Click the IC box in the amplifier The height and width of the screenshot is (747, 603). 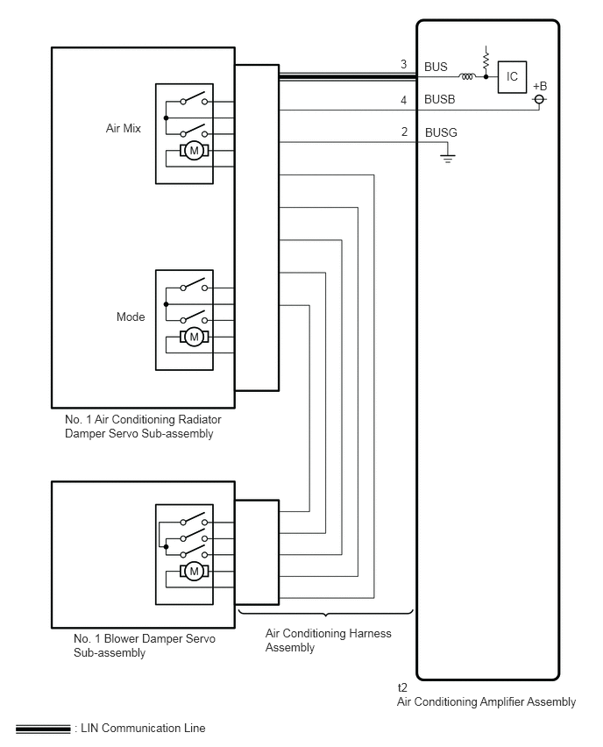[x=512, y=76]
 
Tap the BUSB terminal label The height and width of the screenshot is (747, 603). [x=440, y=100]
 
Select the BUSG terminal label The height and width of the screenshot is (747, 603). [x=441, y=132]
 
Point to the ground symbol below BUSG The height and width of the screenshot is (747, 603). [x=447, y=158]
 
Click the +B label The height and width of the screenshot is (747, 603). [x=540, y=86]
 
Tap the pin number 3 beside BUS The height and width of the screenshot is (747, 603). [x=403, y=64]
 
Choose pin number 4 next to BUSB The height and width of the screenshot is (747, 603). [x=403, y=100]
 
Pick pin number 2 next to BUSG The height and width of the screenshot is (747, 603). [x=404, y=132]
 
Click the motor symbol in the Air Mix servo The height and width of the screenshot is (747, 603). [x=194, y=151]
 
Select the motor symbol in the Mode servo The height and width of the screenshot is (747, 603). [x=194, y=338]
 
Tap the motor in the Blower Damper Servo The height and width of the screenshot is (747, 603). [x=194, y=571]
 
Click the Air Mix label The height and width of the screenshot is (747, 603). [x=124, y=128]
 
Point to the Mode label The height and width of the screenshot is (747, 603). [x=131, y=317]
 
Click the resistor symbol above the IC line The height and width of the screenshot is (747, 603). [x=486, y=60]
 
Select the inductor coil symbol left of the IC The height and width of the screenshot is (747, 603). [x=467, y=76]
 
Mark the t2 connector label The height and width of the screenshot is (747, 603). [x=402, y=687]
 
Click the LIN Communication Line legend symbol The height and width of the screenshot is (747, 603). [x=43, y=729]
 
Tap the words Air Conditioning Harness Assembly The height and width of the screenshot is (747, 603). [x=328, y=640]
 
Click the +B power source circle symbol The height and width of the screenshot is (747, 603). [x=539, y=99]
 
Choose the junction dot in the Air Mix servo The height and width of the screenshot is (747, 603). [x=166, y=117]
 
